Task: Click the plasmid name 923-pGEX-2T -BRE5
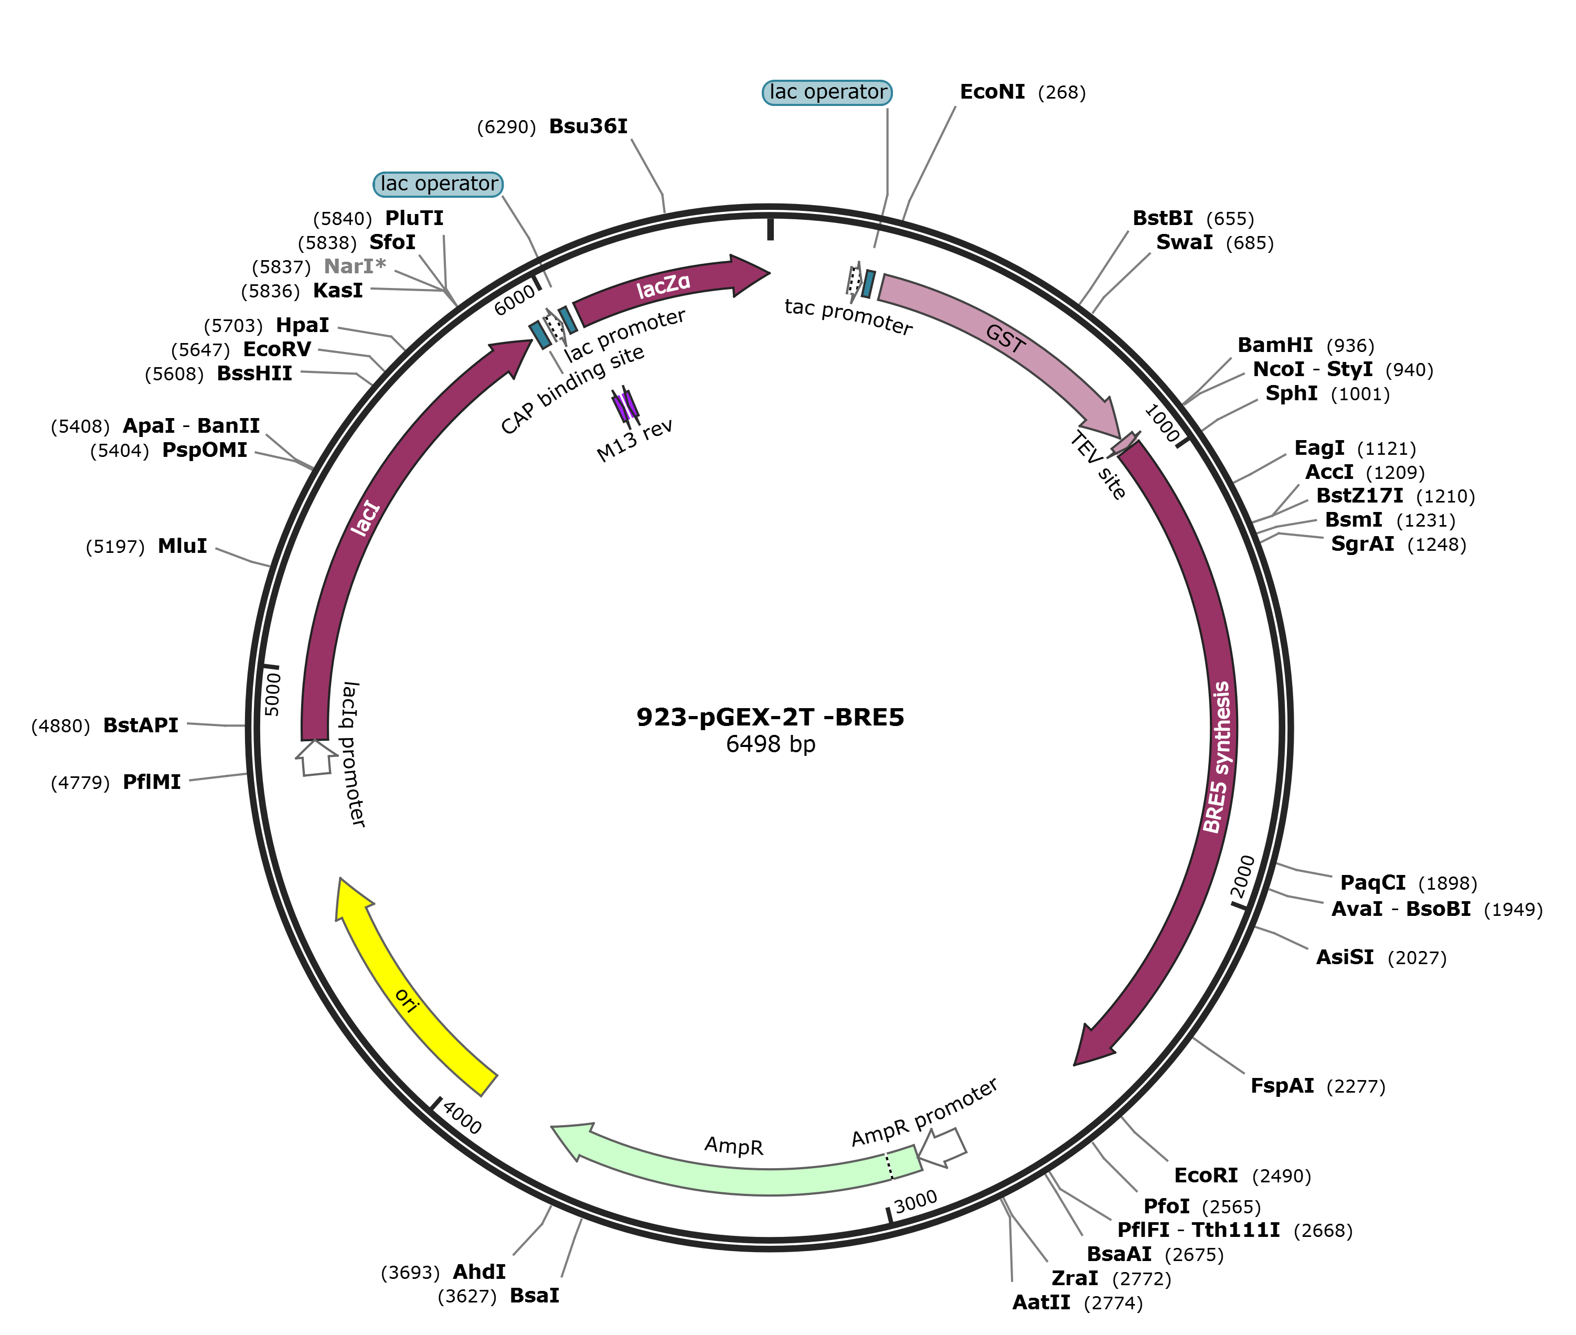pyautogui.click(x=770, y=716)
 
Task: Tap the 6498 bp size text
pyautogui.click(x=770, y=744)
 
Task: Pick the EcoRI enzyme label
pyautogui.click(x=1206, y=1176)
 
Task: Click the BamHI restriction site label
pyautogui.click(x=1275, y=345)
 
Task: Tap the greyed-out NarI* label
pyautogui.click(x=354, y=266)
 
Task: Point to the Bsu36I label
pyautogui.click(x=588, y=126)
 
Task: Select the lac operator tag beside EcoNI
pyautogui.click(x=827, y=92)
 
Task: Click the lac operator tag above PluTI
pyautogui.click(x=438, y=184)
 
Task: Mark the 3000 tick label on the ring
pyautogui.click(x=916, y=1201)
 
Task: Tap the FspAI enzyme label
pyautogui.click(x=1282, y=1086)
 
